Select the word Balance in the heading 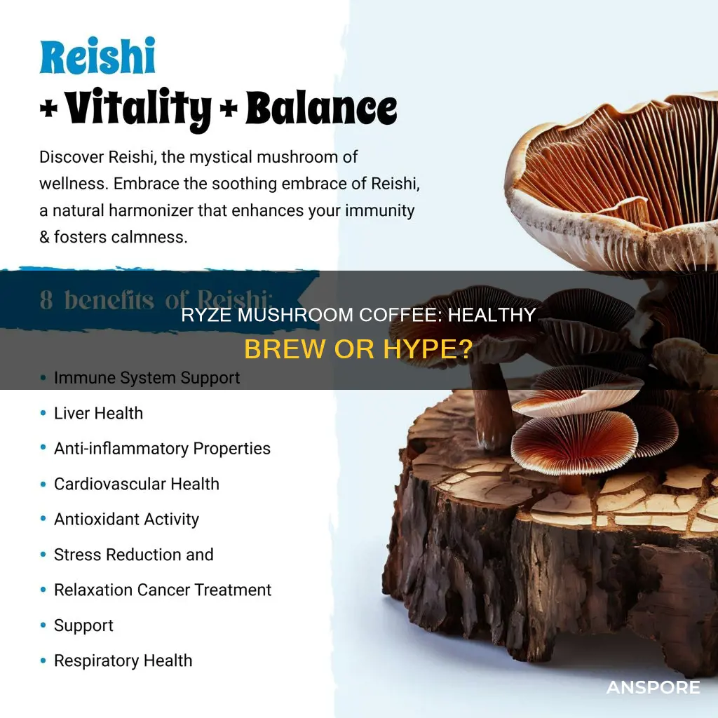pos(323,110)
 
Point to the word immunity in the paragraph pos(386,210)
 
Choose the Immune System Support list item pos(147,378)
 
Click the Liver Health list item pos(98,413)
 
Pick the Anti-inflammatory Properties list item pos(162,448)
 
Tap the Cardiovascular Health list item pos(136,484)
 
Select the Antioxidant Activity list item pos(126,519)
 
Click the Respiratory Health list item pos(123,661)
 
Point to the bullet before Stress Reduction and pos(43,555)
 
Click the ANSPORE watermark pos(653,688)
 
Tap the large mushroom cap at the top pos(610,168)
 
